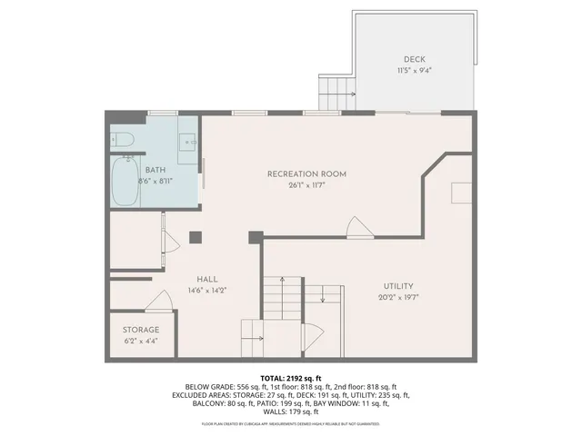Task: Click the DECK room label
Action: click(414, 60)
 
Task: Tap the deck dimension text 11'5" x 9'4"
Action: click(414, 71)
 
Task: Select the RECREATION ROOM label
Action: click(306, 173)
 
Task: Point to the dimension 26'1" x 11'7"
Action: click(306, 184)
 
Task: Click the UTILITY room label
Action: click(397, 285)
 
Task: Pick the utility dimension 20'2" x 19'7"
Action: click(397, 297)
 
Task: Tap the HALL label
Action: click(207, 280)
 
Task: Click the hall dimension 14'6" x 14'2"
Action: click(207, 291)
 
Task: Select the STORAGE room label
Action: click(141, 330)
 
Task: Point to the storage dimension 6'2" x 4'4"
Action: click(141, 341)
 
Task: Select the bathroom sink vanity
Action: click(188, 142)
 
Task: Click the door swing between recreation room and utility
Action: click(360, 227)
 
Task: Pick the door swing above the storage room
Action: click(158, 300)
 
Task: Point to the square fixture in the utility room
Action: click(461, 192)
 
